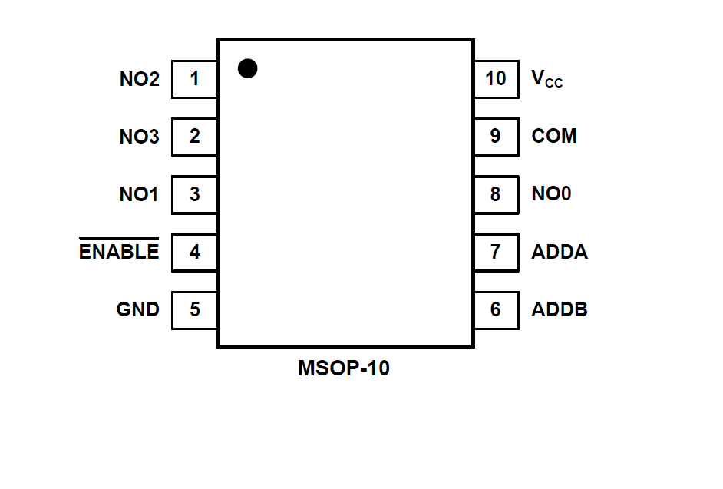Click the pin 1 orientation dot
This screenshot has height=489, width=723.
pos(247,68)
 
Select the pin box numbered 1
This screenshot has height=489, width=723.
pos(194,79)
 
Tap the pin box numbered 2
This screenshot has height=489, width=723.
pos(194,137)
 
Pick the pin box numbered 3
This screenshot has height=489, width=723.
pos(194,194)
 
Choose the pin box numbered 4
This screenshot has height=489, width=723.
pos(194,252)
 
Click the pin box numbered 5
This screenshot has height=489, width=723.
pos(194,309)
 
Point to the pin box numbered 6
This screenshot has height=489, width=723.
pos(496,309)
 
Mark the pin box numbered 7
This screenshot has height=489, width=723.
pos(496,252)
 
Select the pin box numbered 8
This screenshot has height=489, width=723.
pos(496,194)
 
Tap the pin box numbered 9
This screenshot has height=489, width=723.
pos(496,137)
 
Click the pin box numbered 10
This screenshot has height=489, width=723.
pos(496,79)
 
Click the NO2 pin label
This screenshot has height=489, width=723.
pos(139,79)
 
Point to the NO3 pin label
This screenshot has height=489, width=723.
pos(139,137)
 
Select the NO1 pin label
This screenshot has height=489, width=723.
pos(139,194)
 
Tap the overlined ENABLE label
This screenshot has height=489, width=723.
pos(119,251)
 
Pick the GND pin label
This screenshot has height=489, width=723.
pos(138,309)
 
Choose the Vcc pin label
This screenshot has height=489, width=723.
pos(546,79)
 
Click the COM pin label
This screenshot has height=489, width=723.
pos(553,137)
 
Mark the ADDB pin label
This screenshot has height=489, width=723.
pos(560,309)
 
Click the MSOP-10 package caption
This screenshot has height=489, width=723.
pos(344,368)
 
